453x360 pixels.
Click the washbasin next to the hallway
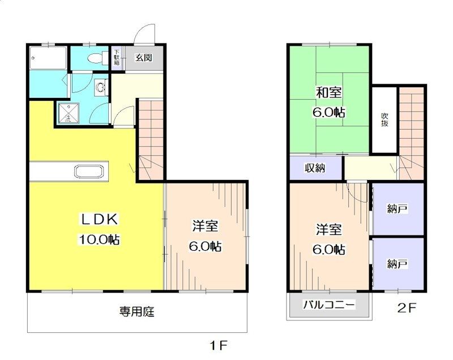pos(101,88)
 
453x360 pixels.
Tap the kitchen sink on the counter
pos(90,172)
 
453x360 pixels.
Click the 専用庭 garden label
pos(136,311)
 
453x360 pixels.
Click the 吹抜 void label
pos(384,119)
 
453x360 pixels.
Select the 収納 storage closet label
pos(315,168)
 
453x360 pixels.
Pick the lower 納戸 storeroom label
pos(398,263)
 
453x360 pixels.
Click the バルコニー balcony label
pos(329,305)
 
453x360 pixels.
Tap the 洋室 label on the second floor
pos(328,229)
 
